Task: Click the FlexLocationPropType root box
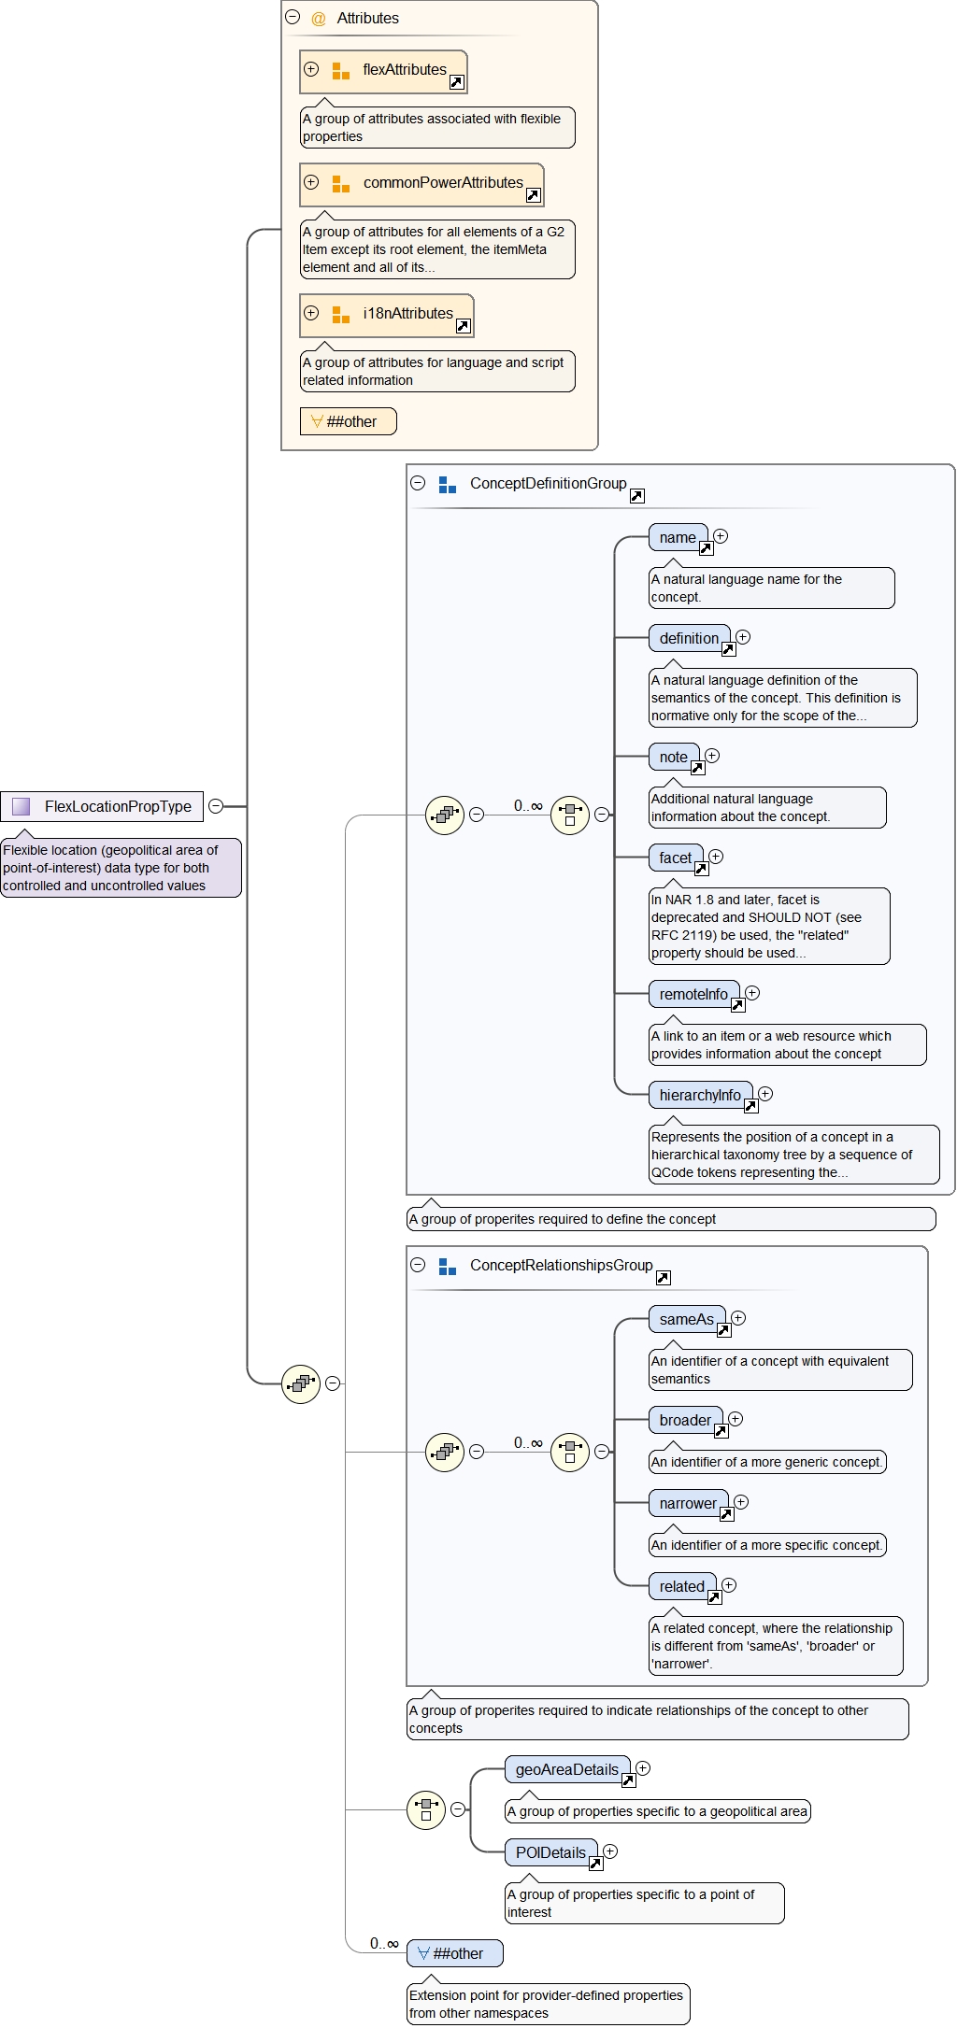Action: (x=103, y=806)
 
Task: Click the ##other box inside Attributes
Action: (x=348, y=421)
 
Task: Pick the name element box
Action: (x=678, y=538)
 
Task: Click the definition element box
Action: (x=689, y=639)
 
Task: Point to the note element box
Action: (x=673, y=758)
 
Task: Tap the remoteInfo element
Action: (x=693, y=995)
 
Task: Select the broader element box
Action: (x=685, y=1421)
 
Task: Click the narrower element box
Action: (x=688, y=1504)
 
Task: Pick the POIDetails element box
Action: (x=550, y=1853)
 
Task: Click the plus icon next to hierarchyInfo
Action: (x=765, y=1094)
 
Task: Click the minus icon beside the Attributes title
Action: (x=293, y=17)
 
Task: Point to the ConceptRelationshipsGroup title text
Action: (x=561, y=1266)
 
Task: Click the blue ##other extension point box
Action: (x=455, y=1953)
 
